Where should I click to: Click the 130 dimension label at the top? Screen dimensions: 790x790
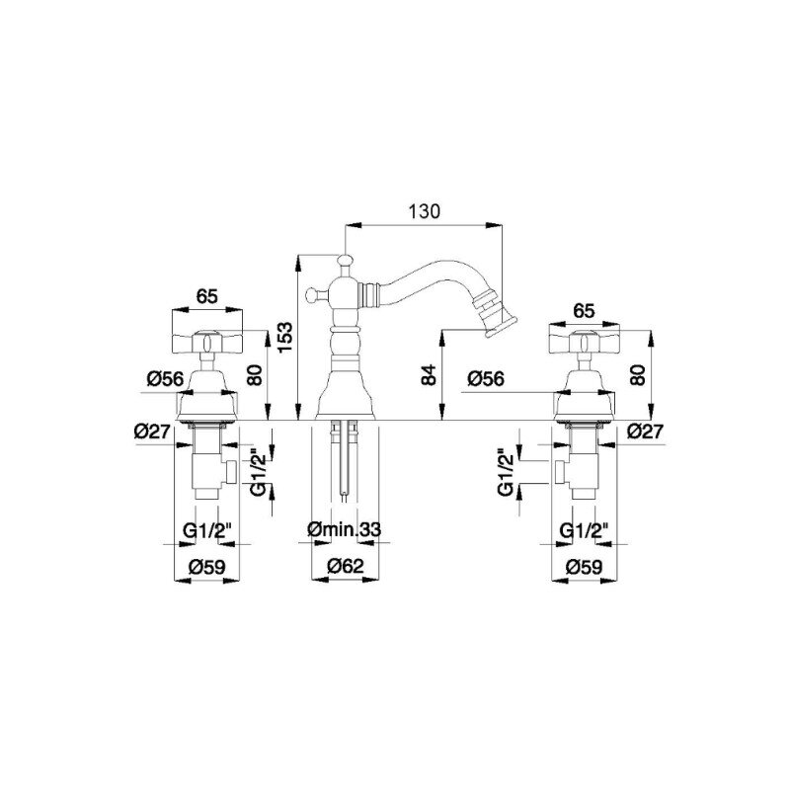click(424, 211)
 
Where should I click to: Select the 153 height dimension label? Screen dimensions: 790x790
click(285, 338)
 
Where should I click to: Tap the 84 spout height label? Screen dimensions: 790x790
click(429, 375)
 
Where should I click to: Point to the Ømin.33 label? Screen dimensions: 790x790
click(344, 529)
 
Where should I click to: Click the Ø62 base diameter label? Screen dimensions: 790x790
click(345, 566)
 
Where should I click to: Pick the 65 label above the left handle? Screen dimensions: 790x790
click(207, 296)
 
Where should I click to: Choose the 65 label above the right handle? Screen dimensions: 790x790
click(584, 311)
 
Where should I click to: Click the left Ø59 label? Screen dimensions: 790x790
click(207, 567)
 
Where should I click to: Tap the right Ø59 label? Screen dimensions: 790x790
click(584, 567)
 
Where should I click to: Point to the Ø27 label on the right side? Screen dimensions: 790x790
click(647, 432)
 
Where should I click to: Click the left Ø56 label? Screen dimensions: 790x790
click(166, 378)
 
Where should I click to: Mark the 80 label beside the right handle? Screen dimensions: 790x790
click(637, 375)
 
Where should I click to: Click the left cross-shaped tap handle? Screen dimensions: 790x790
click(207, 342)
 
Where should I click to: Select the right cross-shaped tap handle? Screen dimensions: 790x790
click(584, 343)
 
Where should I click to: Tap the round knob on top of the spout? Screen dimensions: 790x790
click(345, 261)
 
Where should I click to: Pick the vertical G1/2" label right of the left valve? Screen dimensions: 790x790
click(260, 472)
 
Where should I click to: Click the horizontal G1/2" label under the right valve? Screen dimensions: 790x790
click(585, 530)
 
